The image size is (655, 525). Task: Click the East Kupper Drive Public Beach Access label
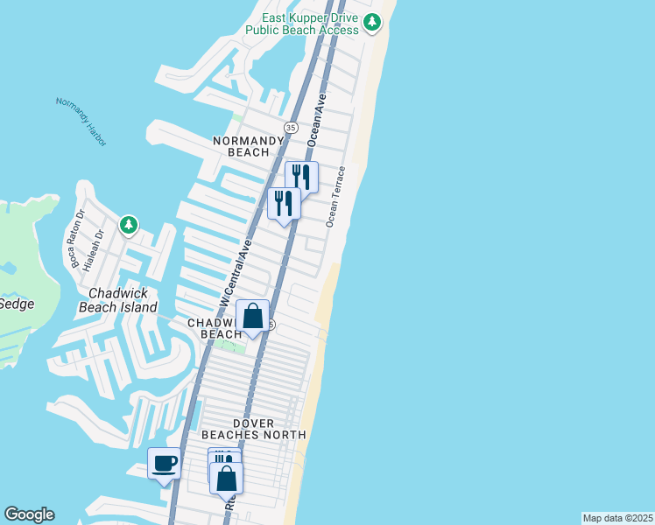point(303,23)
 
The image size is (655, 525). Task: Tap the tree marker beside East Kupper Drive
point(374,22)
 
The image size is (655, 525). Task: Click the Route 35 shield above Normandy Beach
point(290,128)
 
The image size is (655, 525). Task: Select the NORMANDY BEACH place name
point(249,146)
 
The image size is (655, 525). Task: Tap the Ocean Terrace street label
point(337,197)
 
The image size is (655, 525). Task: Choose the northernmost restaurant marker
point(301,176)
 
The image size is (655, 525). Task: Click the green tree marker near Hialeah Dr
point(129,226)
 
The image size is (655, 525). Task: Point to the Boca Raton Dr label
point(78,243)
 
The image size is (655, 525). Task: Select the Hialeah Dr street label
point(98,247)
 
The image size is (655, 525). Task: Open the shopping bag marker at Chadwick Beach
point(252,316)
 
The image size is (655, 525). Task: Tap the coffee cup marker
point(164,463)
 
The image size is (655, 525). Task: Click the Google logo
point(29,514)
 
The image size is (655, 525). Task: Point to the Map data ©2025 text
point(617,518)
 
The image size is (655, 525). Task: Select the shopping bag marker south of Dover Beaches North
point(227,478)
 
